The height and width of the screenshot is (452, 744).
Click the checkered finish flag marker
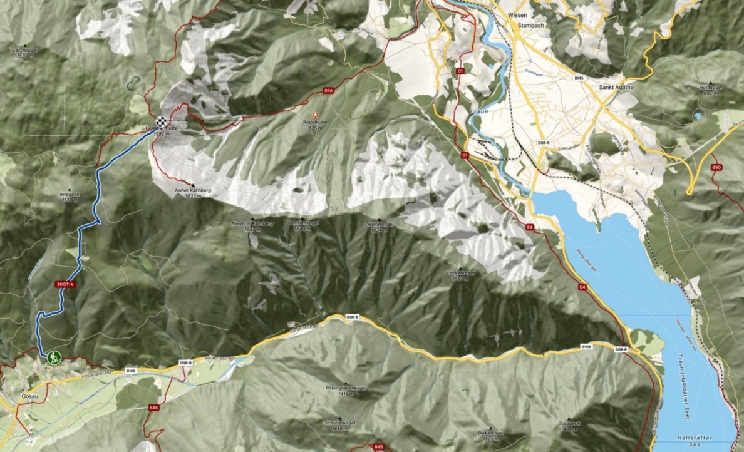[162, 122]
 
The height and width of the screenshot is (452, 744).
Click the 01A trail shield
[328, 91]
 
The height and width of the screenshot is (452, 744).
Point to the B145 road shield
[578, 78]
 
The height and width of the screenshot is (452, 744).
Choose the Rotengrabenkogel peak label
[346, 388]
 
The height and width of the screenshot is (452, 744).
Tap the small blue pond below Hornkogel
[698, 116]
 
